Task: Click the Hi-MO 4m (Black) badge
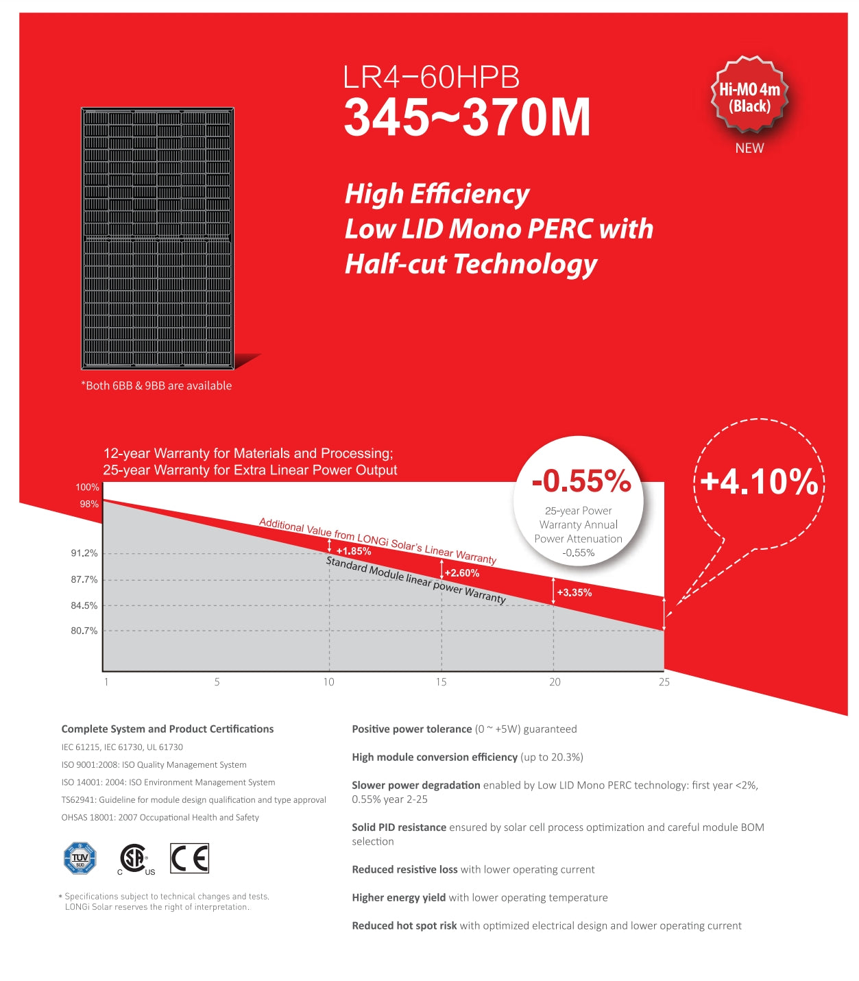(749, 97)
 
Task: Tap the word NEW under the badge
(749, 148)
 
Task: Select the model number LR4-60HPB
(431, 77)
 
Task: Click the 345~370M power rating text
(467, 118)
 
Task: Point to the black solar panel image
(158, 238)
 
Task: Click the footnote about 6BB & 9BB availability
(156, 386)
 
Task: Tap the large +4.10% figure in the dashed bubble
(760, 481)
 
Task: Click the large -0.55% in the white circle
(581, 481)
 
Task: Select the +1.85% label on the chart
(354, 551)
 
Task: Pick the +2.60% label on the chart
(462, 573)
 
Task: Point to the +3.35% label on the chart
(574, 593)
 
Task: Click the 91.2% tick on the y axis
(84, 553)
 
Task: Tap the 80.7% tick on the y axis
(84, 631)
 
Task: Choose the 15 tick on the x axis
(441, 682)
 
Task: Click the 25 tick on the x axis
(664, 682)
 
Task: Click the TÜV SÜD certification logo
(80, 858)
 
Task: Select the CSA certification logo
(134, 859)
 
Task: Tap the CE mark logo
(189, 858)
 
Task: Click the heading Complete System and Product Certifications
(167, 729)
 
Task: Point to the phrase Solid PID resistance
(399, 827)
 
